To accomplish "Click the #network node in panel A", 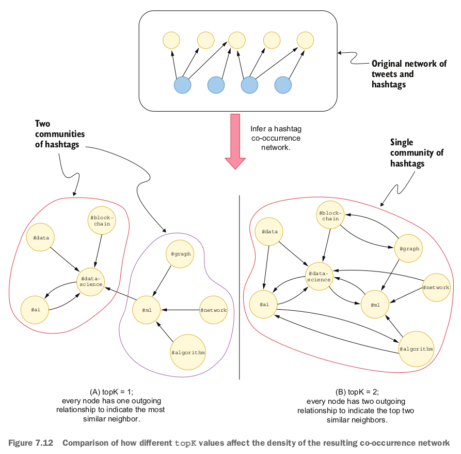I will (213, 310).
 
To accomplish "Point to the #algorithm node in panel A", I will (187, 352).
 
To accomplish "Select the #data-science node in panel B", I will (319, 276).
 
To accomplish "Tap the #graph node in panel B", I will (409, 248).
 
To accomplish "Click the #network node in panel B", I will (436, 287).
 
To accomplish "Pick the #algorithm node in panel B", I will (416, 349).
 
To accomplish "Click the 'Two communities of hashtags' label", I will (60, 134).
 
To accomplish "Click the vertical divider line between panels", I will (240, 287).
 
